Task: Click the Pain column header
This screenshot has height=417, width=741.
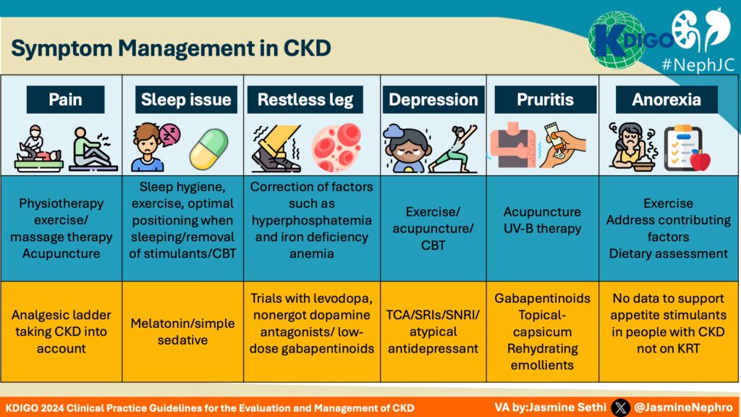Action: (x=65, y=100)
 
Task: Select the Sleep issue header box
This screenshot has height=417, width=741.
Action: (x=186, y=100)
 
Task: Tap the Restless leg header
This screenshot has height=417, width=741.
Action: (x=305, y=100)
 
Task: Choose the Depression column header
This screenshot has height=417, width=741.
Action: (x=433, y=100)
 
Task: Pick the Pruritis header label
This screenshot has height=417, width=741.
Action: (x=546, y=100)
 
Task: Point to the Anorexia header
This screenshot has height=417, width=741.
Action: (x=666, y=100)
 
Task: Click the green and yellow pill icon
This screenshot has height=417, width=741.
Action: (x=208, y=148)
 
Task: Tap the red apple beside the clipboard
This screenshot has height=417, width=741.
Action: (x=700, y=160)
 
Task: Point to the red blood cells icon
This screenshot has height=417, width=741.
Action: (x=336, y=148)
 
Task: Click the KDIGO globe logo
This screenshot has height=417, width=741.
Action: (x=617, y=41)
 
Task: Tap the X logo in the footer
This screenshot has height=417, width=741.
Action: (x=620, y=407)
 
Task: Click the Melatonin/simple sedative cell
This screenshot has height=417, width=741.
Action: (x=182, y=331)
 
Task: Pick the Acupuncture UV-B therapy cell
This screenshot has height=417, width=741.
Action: (x=546, y=220)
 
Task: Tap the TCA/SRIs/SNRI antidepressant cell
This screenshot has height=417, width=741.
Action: (x=433, y=331)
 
